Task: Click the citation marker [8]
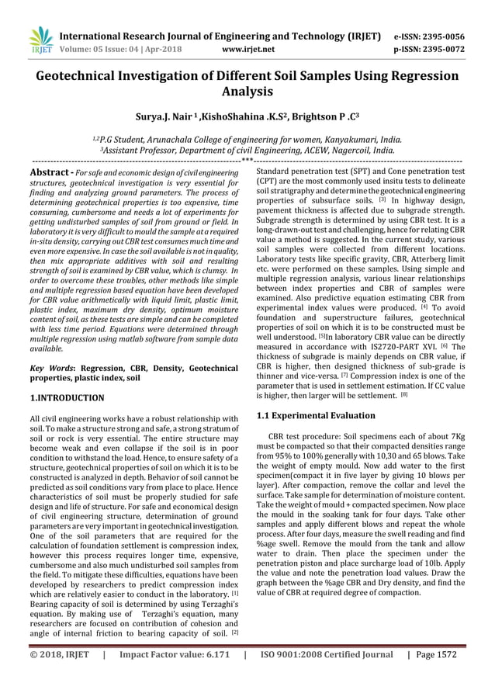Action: point(404,394)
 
